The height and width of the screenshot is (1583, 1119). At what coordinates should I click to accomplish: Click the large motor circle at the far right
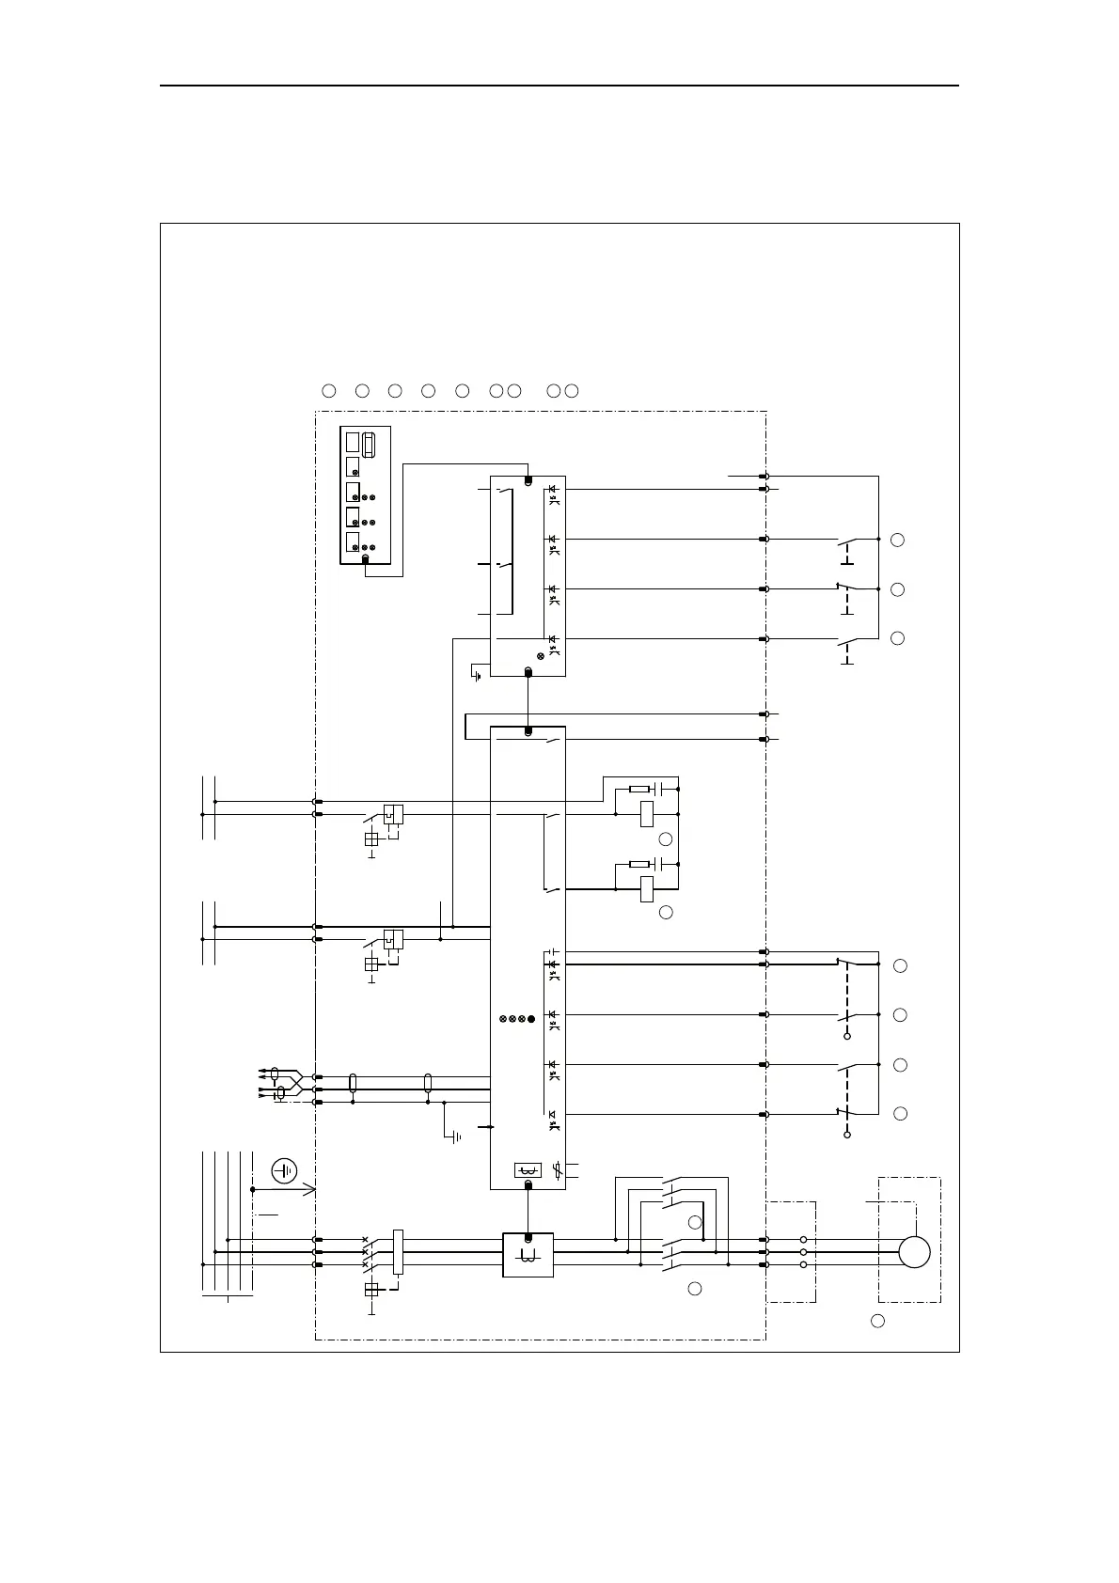[914, 1252]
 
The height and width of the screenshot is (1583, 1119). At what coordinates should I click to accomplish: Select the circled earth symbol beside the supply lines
[284, 1171]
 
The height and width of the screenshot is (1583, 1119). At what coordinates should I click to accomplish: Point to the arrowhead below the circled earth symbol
[311, 1190]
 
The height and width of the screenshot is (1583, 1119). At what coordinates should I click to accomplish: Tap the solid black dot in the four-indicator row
[532, 1019]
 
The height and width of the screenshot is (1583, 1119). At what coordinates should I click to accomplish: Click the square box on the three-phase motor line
[528, 1255]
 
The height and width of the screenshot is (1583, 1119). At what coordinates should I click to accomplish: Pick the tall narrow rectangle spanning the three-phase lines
[398, 1252]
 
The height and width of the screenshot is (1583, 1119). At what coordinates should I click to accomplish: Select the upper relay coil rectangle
[647, 814]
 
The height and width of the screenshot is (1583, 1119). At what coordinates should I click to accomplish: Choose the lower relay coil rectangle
[647, 889]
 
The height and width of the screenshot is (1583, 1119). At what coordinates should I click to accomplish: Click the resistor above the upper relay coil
[639, 789]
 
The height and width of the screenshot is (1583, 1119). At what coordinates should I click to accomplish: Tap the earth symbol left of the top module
[478, 674]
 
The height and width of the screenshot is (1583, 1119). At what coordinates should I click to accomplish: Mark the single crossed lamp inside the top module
[540, 656]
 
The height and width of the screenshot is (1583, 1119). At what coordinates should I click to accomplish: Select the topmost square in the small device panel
[352, 442]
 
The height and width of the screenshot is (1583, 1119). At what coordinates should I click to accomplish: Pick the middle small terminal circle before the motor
[803, 1252]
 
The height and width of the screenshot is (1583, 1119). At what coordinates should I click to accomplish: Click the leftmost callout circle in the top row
[329, 390]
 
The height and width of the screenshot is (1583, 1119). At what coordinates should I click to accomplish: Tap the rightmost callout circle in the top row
[572, 390]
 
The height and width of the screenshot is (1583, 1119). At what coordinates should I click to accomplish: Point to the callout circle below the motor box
[877, 1321]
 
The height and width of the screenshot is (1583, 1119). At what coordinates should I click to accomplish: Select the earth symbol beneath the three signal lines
[456, 1137]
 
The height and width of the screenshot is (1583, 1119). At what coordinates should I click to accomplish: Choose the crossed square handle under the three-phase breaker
[371, 1290]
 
